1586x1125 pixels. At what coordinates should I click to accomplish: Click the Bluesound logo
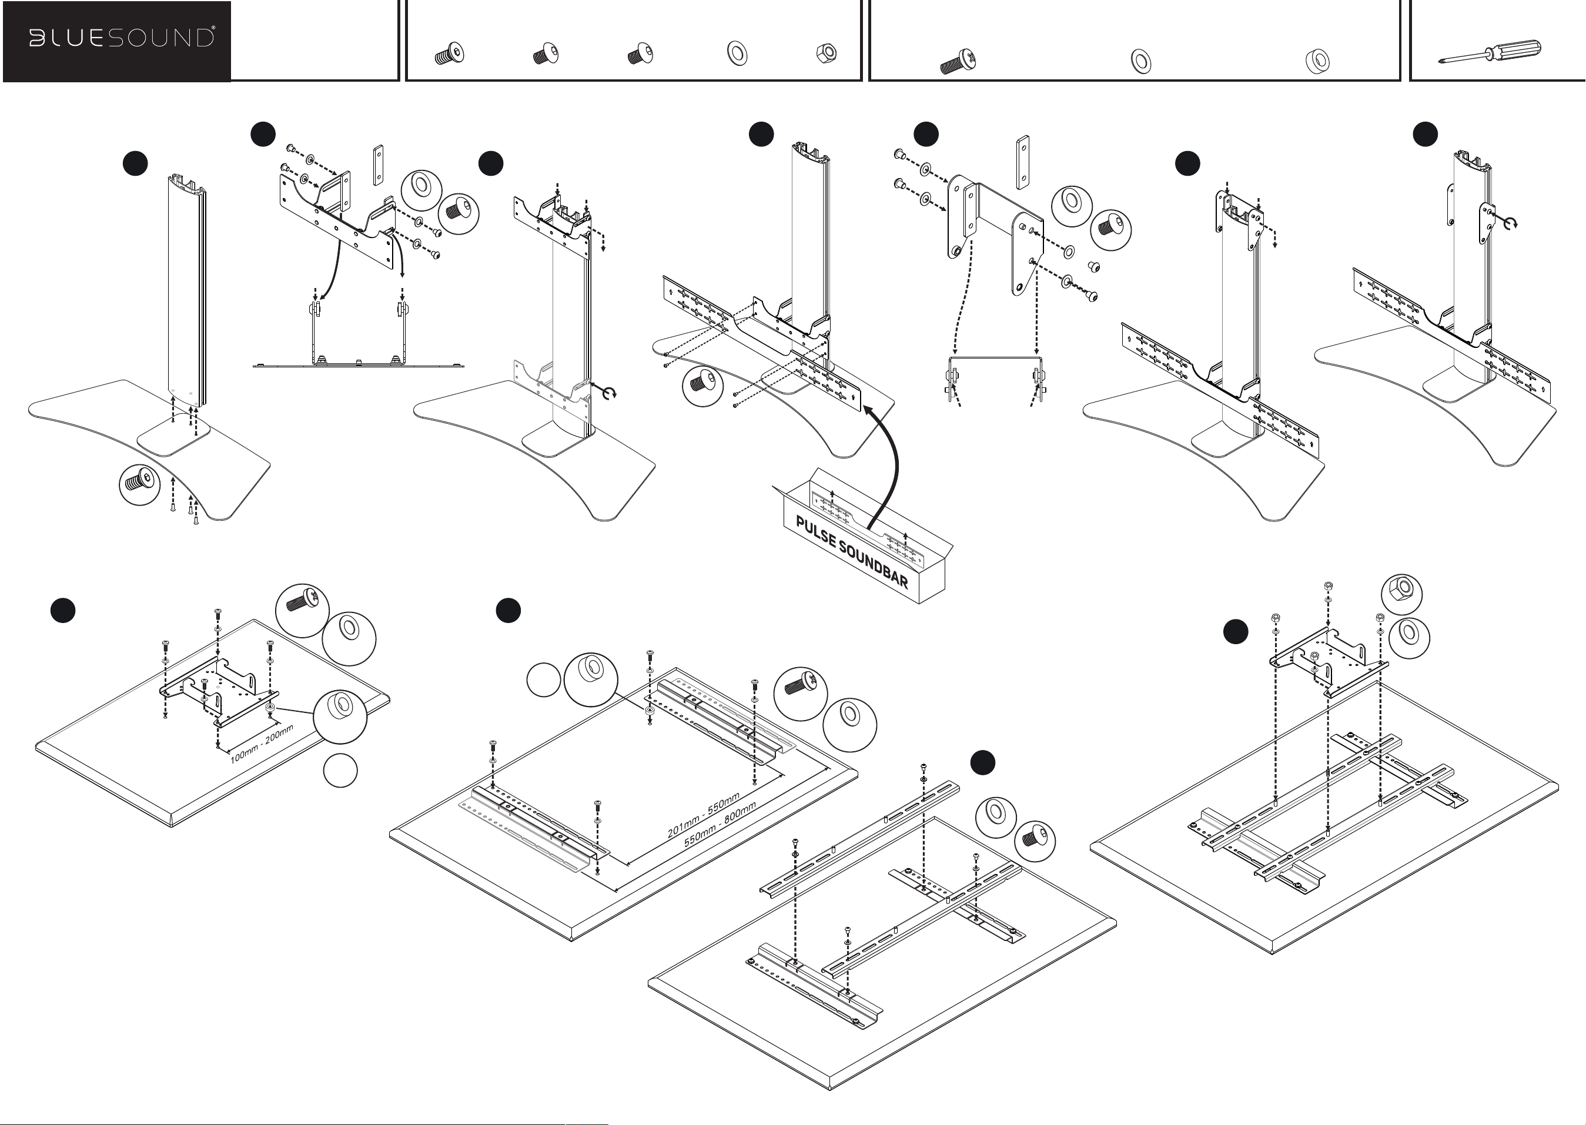[x=121, y=38]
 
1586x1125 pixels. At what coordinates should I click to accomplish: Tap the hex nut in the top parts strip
[x=827, y=53]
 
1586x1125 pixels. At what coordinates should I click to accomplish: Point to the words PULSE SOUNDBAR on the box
[x=852, y=552]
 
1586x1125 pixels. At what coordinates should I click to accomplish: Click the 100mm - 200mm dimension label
[x=262, y=744]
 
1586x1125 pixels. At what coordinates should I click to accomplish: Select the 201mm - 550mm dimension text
[x=703, y=814]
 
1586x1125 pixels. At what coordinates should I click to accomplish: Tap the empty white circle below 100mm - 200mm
[x=340, y=771]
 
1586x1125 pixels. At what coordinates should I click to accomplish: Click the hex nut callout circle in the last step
[x=1401, y=594]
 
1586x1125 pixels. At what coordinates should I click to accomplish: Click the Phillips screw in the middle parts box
[x=958, y=61]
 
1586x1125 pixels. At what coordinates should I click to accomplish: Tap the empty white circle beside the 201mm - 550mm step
[x=544, y=679]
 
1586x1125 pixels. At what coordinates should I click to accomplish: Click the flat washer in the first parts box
[x=737, y=53]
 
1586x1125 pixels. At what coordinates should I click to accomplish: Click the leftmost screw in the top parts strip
[x=450, y=53]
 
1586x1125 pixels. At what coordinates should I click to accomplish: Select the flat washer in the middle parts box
[x=1140, y=61]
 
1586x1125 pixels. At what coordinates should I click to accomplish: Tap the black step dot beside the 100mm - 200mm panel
[x=63, y=610]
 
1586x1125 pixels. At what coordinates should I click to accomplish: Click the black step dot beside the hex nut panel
[x=1236, y=632]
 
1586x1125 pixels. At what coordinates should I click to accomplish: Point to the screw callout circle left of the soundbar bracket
[x=702, y=386]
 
